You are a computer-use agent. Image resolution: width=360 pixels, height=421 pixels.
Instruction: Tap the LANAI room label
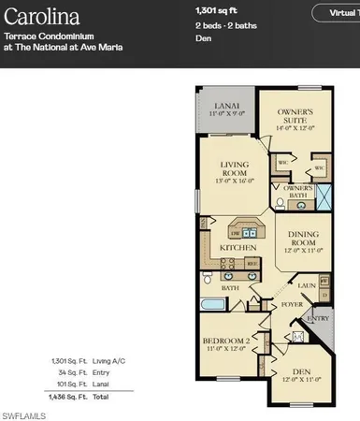[x=225, y=106]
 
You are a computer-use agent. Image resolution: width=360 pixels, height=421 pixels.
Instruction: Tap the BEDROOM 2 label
[x=227, y=342]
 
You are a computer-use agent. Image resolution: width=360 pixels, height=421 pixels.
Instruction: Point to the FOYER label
[x=290, y=305]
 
